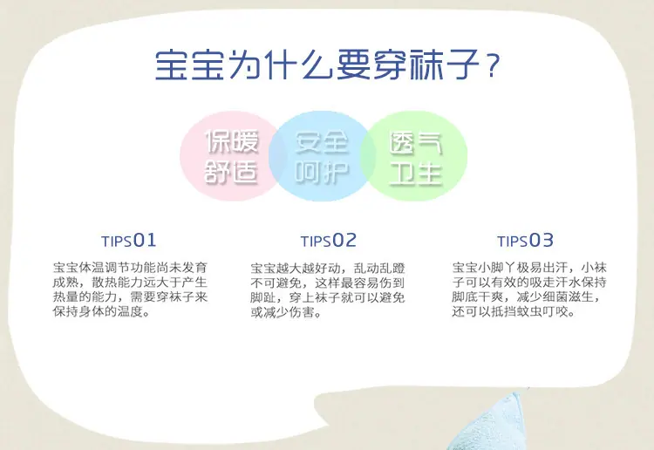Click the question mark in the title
click(493, 65)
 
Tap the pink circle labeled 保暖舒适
click(228, 155)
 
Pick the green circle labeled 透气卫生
click(415, 155)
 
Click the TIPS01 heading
click(129, 240)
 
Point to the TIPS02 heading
click(329, 240)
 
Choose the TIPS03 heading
click(526, 240)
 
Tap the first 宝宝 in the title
click(190, 65)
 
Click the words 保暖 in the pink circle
click(232, 141)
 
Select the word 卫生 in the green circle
click(416, 173)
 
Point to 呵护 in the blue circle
click(322, 173)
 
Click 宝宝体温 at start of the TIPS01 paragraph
click(78, 268)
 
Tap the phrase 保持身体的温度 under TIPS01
click(98, 311)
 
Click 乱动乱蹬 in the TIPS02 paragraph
click(379, 268)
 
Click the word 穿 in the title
click(390, 65)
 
